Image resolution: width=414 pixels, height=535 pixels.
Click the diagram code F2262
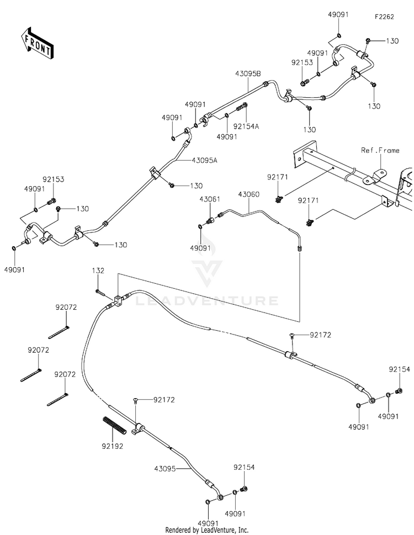[384, 17]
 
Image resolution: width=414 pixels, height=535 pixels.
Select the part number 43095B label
[248, 73]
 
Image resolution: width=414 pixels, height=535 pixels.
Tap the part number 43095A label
[205, 160]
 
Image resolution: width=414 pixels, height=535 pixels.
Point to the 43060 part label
[248, 194]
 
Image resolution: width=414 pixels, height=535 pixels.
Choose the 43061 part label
[210, 199]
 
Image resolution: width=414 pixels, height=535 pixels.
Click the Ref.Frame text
[380, 150]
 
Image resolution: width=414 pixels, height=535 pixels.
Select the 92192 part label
[112, 446]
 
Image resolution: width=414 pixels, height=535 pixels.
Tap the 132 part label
[98, 271]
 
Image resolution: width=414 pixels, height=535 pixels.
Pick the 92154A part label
[246, 126]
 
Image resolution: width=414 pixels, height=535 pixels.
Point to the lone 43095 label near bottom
[165, 469]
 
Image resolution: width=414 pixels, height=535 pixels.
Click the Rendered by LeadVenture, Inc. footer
[207, 530]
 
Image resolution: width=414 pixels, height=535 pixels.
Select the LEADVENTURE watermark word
[207, 300]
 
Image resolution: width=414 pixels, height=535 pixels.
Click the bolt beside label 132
[100, 292]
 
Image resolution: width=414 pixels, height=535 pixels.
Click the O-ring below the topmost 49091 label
[339, 35]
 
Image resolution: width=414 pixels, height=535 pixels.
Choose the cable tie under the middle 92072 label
[31, 375]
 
